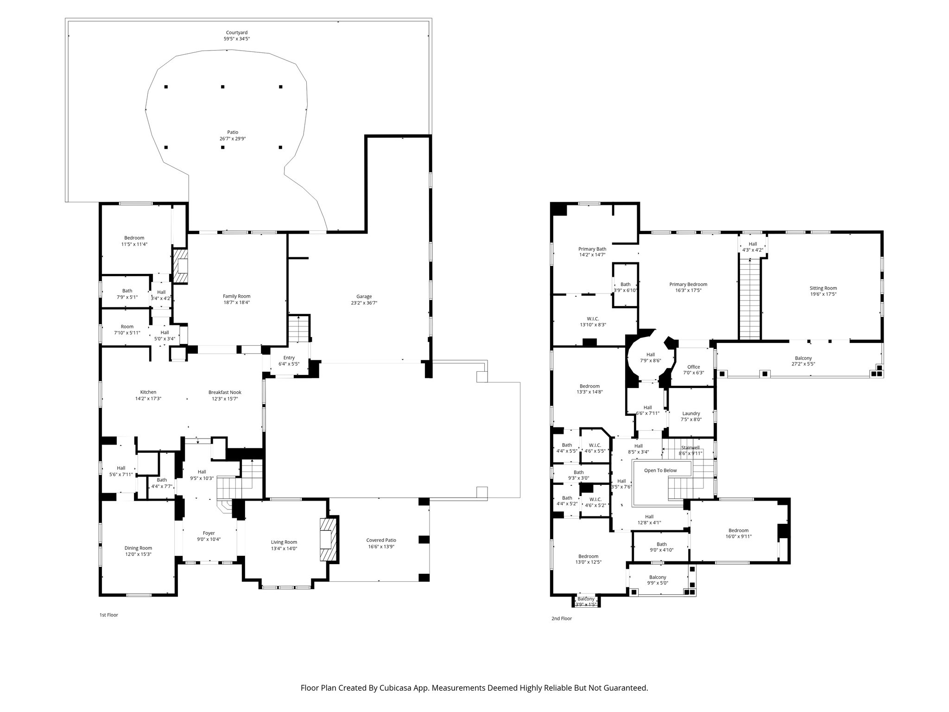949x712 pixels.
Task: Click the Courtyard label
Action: click(x=236, y=32)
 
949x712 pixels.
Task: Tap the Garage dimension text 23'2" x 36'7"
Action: click(x=364, y=303)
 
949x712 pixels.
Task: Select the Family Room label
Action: click(x=236, y=296)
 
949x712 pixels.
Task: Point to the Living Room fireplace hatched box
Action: click(x=329, y=539)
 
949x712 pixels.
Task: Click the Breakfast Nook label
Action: click(x=225, y=392)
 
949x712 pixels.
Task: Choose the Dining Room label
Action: click(x=138, y=548)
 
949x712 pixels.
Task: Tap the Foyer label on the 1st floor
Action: click(x=209, y=533)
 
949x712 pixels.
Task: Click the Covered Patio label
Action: click(x=381, y=540)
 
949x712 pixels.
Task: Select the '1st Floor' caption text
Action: click(x=109, y=615)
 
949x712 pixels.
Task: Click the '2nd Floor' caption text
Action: click(x=562, y=618)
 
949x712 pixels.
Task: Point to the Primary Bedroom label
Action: click(x=688, y=285)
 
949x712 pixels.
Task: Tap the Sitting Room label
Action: click(x=823, y=288)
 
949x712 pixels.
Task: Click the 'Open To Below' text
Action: click(x=660, y=470)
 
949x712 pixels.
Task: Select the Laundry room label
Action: click(x=691, y=413)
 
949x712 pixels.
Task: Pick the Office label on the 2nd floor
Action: click(x=693, y=367)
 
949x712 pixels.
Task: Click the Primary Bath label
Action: click(x=592, y=249)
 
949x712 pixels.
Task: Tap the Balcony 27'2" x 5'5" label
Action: click(x=803, y=358)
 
